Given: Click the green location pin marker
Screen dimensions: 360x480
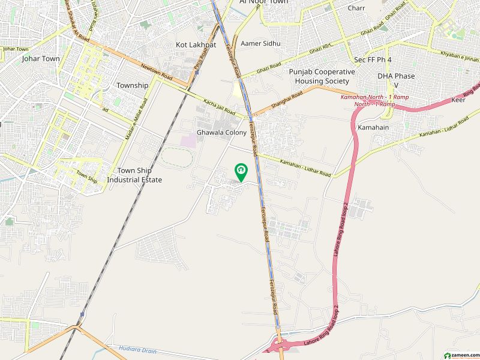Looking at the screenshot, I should click(241, 173).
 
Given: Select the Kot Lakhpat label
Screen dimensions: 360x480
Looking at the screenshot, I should click(191, 45).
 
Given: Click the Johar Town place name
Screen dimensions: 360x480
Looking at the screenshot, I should click(38, 59).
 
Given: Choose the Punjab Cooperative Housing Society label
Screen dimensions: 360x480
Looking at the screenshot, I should click(322, 76).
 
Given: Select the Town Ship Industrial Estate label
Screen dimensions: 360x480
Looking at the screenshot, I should click(134, 175).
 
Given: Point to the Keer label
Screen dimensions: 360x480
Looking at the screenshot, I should click(458, 100).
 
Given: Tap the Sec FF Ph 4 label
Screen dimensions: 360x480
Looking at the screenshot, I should click(373, 60).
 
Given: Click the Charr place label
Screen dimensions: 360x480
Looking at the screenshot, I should click(356, 8).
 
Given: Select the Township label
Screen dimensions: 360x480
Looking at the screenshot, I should click(132, 85).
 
